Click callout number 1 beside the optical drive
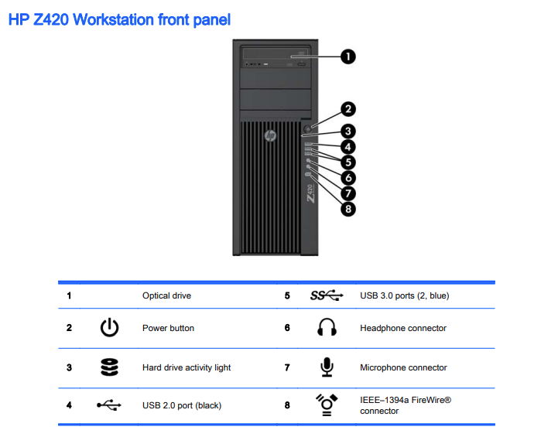pyautogui.click(x=348, y=56)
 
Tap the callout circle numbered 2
pyautogui.click(x=348, y=109)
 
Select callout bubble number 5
pyautogui.click(x=348, y=162)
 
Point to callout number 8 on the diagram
pyautogui.click(x=348, y=209)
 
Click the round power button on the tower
pyautogui.click(x=307, y=129)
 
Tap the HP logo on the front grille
pyautogui.click(x=270, y=136)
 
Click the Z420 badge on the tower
pyautogui.click(x=310, y=193)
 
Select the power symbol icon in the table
pyautogui.click(x=109, y=327)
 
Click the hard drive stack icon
pyautogui.click(x=109, y=367)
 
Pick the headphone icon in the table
pyautogui.click(x=327, y=327)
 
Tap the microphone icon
pyautogui.click(x=327, y=367)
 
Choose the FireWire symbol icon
pyautogui.click(x=327, y=405)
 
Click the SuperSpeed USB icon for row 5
pyautogui.click(x=327, y=295)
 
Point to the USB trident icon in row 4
pyautogui.click(x=109, y=405)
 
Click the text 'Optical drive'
pyautogui.click(x=166, y=295)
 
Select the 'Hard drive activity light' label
pyautogui.click(x=187, y=367)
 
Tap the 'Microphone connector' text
pyautogui.click(x=403, y=367)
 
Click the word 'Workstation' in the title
pyautogui.click(x=114, y=20)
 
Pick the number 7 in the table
pyautogui.click(x=287, y=367)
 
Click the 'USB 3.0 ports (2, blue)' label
pyautogui.click(x=405, y=295)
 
